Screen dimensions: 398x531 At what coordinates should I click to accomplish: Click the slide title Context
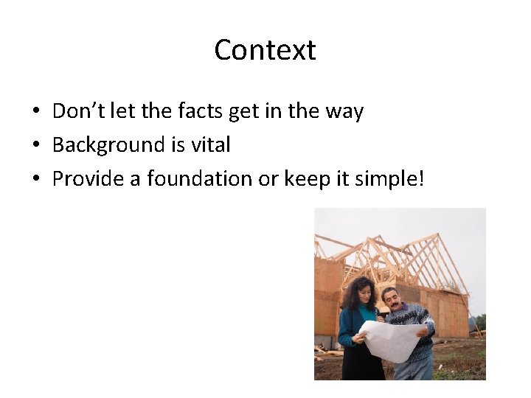(x=265, y=50)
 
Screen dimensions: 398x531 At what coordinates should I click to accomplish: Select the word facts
(x=200, y=111)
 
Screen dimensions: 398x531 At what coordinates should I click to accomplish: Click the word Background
(x=109, y=145)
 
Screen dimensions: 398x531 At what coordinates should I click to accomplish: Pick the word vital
(x=211, y=145)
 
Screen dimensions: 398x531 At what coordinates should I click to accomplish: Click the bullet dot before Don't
(x=35, y=113)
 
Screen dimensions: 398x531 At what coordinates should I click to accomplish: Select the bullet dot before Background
(x=35, y=146)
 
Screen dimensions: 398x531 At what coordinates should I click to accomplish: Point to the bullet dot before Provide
(x=35, y=180)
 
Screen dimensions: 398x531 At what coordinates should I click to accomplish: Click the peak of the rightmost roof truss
(x=440, y=235)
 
